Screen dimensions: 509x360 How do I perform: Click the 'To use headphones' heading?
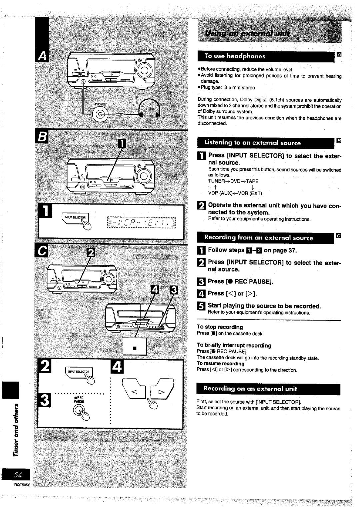[235, 56]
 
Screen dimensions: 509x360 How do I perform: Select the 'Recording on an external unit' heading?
[250, 389]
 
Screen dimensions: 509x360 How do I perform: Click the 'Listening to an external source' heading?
[252, 143]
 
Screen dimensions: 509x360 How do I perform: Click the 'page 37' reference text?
[285, 250]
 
